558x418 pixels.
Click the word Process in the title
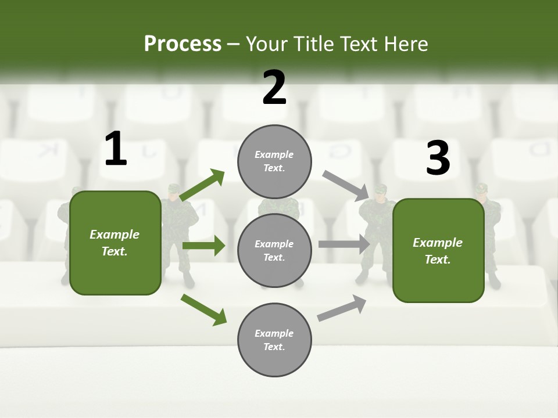(183, 44)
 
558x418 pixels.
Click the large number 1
(116, 149)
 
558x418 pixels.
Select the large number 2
(274, 88)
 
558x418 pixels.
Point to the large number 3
(438, 158)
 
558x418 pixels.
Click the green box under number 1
(115, 243)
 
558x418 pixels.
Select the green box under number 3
(438, 250)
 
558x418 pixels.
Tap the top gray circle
(274, 161)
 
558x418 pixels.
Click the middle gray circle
(274, 250)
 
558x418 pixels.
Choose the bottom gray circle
(274, 340)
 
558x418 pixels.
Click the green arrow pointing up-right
(202, 185)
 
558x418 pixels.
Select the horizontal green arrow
(203, 246)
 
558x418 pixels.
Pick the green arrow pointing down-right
(203, 309)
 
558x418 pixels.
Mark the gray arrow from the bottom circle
(342, 308)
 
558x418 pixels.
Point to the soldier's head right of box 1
(174, 191)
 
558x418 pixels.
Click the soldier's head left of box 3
(380, 192)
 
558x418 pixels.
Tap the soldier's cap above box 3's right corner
(481, 188)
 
